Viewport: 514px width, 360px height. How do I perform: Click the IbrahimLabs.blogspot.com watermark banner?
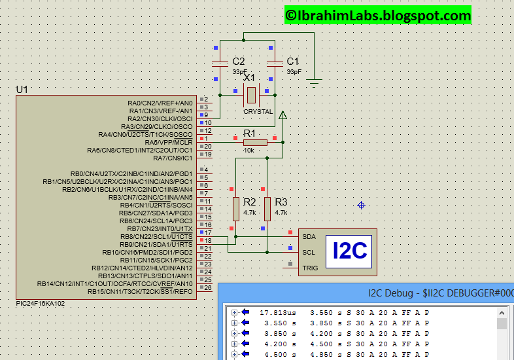(x=377, y=15)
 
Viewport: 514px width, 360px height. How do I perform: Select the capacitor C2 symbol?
(x=220, y=63)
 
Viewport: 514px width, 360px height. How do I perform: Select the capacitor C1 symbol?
(x=275, y=63)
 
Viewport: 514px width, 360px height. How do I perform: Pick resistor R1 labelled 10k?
(x=254, y=142)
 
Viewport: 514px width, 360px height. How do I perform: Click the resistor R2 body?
(x=236, y=209)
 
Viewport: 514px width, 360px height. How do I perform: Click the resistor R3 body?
(x=267, y=209)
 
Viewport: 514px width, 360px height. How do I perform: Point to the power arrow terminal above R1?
(x=283, y=116)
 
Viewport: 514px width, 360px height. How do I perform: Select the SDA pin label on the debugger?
(x=309, y=236)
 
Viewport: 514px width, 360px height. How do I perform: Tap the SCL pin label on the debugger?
(x=309, y=252)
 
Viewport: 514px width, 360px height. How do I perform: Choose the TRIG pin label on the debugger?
(x=310, y=268)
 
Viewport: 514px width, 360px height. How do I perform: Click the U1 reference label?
(x=22, y=89)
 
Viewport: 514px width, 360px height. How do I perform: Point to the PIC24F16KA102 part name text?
(x=43, y=304)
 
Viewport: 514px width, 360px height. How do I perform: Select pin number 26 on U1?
(x=208, y=288)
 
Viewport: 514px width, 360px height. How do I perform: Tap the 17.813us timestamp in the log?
(x=274, y=312)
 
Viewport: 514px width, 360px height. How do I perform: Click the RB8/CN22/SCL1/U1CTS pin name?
(x=148, y=236)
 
